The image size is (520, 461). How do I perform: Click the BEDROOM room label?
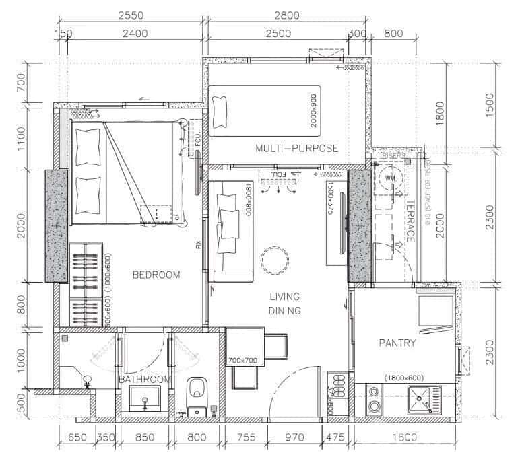[156, 275]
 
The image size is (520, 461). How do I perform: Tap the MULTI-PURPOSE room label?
[296, 148]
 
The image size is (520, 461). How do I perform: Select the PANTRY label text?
[397, 343]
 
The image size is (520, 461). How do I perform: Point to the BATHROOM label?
[145, 380]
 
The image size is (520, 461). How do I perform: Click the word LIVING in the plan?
[284, 297]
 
